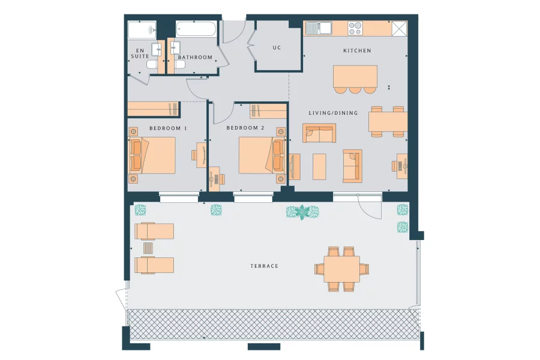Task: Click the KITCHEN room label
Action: (357, 51)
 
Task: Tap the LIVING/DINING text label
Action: (333, 113)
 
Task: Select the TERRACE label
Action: (264, 266)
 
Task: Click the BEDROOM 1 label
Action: (168, 128)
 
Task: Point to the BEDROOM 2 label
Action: (245, 128)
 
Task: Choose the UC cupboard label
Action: (277, 47)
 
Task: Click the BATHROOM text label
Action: (195, 58)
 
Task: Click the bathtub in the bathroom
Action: (196, 29)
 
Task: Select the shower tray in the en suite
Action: (142, 29)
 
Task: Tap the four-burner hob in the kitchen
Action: (355, 28)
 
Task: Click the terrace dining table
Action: (342, 269)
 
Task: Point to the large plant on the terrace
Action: (302, 212)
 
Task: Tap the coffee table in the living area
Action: (319, 167)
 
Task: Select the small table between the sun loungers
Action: (148, 248)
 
